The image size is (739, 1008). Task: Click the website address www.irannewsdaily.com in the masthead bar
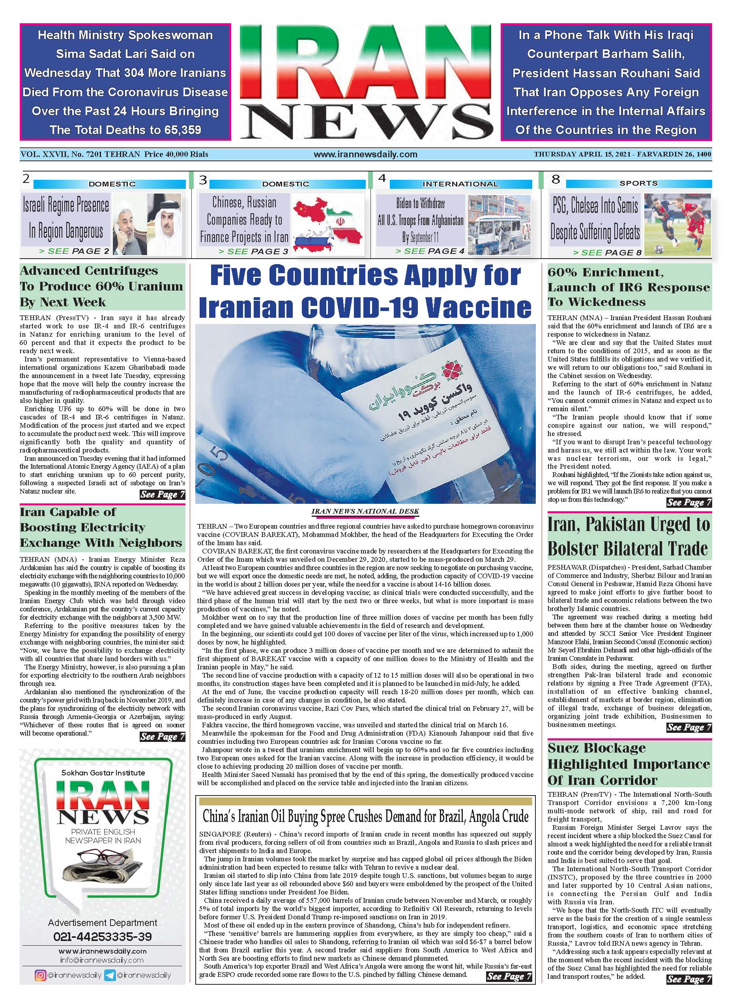[x=365, y=154]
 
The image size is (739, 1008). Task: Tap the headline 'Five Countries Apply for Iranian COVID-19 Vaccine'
[x=365, y=291]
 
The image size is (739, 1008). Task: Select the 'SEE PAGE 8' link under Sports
[x=607, y=253]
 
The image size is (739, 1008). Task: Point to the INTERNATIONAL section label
[x=460, y=184]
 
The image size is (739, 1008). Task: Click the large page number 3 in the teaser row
[x=203, y=180]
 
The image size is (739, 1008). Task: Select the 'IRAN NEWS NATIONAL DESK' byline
[x=365, y=511]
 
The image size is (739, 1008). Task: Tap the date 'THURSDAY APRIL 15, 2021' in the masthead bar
[x=579, y=154]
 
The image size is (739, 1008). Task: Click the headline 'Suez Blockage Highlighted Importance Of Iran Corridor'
[x=629, y=764]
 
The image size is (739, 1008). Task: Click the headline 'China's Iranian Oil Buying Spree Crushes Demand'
[x=365, y=817]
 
